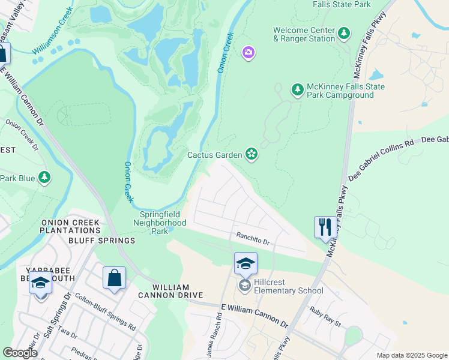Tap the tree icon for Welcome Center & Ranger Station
coord(344,34)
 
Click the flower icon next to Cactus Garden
coord(252,155)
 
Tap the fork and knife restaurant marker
coord(325,227)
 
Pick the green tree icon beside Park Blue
coord(44,178)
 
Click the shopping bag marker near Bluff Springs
coord(114,278)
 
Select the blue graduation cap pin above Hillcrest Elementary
coord(246,263)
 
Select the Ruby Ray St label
coord(325,317)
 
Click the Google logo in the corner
coord(20,353)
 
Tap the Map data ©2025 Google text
coord(411,355)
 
